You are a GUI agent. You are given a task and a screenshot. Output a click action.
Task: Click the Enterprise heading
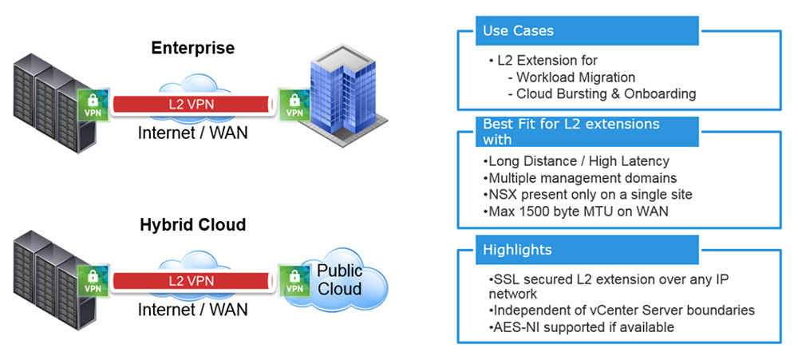click(x=193, y=48)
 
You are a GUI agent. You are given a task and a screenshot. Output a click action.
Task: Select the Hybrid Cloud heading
click(x=193, y=224)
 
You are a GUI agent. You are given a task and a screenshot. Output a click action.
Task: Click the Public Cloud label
click(x=339, y=279)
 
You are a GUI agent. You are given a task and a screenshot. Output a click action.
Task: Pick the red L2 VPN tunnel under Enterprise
click(x=192, y=105)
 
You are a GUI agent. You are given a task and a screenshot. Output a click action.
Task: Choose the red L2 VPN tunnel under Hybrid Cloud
click(x=192, y=280)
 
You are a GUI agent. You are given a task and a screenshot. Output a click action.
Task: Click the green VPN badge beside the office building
click(x=294, y=105)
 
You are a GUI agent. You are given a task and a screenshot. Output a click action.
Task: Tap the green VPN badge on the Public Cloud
click(x=294, y=280)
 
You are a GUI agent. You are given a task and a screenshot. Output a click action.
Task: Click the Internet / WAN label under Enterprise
click(x=192, y=133)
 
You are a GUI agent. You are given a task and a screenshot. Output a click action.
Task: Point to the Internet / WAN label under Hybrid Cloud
click(x=192, y=309)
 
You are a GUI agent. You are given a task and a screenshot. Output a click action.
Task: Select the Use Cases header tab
click(x=587, y=30)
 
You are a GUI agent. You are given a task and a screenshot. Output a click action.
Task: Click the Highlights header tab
click(x=587, y=250)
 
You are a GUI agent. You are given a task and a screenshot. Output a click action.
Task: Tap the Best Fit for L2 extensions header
click(x=587, y=132)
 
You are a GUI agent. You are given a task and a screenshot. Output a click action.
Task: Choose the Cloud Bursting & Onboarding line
click(x=602, y=93)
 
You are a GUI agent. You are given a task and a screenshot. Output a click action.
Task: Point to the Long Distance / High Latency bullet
click(x=576, y=161)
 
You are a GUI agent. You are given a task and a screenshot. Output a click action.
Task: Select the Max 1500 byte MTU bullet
click(x=575, y=211)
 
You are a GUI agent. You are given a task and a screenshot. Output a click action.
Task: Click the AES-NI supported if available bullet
click(x=581, y=327)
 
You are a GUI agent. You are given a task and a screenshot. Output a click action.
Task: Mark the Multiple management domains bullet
click(x=579, y=178)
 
